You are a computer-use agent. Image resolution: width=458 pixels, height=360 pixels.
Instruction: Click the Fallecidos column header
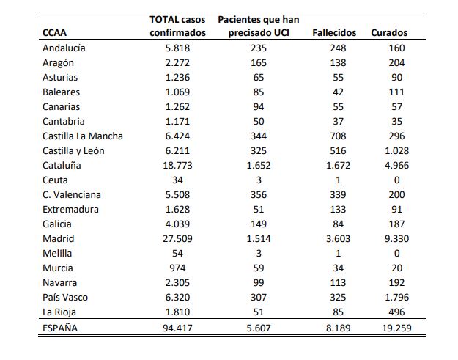[334, 32]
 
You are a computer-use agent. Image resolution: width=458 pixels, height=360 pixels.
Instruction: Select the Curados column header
[389, 32]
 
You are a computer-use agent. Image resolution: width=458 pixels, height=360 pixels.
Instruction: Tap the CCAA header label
[54, 32]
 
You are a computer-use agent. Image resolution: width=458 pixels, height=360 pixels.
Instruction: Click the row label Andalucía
[64, 48]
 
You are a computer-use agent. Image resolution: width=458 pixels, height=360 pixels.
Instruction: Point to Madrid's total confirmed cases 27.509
[177, 239]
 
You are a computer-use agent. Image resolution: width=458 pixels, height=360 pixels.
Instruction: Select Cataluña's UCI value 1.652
[259, 166]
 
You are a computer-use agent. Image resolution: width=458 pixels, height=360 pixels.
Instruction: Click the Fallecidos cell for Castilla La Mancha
[338, 136]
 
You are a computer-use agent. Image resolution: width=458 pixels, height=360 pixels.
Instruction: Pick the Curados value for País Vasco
[396, 298]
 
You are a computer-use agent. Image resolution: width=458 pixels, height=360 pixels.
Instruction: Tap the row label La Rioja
[59, 312]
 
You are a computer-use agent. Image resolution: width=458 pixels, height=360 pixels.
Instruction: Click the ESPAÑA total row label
[60, 328]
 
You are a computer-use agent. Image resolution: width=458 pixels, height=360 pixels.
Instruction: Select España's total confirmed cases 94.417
[177, 328]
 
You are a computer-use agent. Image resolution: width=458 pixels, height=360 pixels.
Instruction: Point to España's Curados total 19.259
[396, 328]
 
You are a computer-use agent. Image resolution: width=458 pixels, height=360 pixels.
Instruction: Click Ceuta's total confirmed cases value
[177, 180]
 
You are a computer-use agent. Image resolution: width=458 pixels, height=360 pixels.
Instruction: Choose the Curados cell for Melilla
[396, 254]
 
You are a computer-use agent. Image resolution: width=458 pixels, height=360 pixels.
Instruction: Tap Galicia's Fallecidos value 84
[338, 224]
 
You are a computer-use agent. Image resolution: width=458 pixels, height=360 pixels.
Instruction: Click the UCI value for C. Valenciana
[259, 194]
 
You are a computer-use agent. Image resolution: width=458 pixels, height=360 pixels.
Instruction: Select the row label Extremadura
[70, 210]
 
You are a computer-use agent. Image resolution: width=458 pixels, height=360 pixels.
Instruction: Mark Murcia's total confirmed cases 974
[177, 268]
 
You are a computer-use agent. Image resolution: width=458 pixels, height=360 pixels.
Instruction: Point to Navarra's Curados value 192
[396, 283]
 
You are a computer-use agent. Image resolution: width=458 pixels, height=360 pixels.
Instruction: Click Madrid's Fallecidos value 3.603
[338, 239]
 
